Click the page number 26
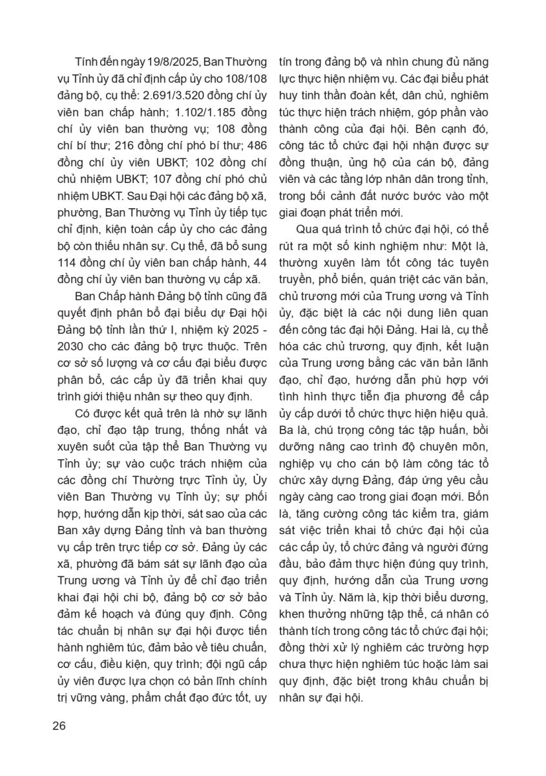click(59, 725)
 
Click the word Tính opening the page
click(86, 62)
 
